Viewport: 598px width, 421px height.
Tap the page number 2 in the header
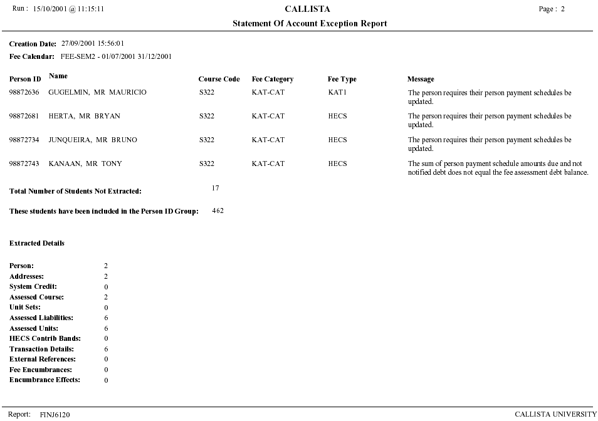563,9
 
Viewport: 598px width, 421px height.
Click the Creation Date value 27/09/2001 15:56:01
92,44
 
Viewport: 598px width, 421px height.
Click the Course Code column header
219,80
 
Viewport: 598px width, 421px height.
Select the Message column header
421,80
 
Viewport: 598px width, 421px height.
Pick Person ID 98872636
24,93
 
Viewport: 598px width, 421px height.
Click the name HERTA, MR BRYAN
84,117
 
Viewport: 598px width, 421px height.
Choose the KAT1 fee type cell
337,93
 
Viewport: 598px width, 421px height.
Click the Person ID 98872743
24,164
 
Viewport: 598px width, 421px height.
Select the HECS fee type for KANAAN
337,164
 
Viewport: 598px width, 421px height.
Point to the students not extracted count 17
216,188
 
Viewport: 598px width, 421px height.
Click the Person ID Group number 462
218,211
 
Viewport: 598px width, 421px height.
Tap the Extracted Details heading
37,243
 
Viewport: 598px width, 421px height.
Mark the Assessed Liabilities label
41,318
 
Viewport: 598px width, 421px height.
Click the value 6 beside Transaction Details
106,349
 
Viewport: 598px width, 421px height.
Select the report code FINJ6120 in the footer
55,415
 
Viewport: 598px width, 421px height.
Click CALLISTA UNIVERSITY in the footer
555,415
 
